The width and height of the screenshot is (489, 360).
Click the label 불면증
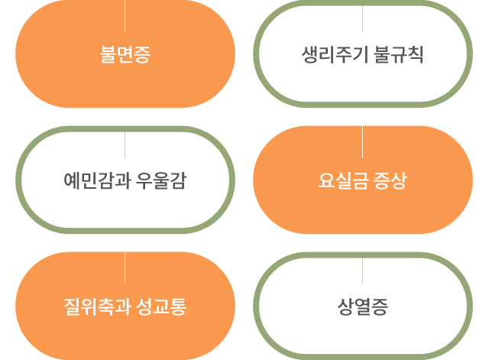pos(125,55)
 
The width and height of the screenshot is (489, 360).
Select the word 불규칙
pos(399,55)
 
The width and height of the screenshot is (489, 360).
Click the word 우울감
pos(161,181)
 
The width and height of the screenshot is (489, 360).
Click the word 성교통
pos(161,307)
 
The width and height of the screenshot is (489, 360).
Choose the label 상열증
pos(362,307)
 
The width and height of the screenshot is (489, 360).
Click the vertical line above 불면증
pos(125,15)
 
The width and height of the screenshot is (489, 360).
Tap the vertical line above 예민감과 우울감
pos(125,144)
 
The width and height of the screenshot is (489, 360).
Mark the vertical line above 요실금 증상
pos(362,141)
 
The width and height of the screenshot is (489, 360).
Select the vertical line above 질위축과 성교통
pos(125,268)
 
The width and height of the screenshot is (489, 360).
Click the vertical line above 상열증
pos(362,271)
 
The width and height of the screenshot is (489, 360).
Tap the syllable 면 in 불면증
pos(125,55)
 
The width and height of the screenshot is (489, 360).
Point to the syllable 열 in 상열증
pos(362,307)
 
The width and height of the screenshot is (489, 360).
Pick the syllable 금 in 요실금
pos(358,181)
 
